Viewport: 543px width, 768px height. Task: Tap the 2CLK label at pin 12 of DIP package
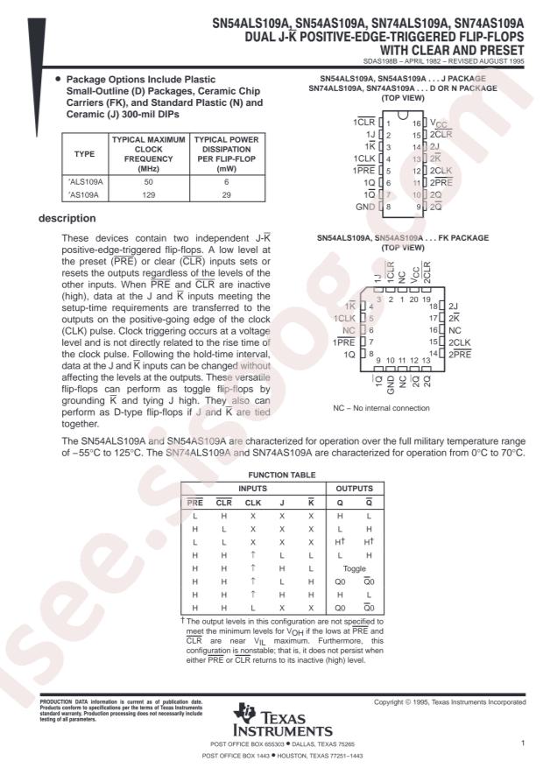[441, 171]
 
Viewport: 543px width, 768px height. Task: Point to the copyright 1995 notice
[449, 702]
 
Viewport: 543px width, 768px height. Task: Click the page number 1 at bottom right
[521, 743]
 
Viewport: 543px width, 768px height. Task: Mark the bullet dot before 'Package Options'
[58, 80]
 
